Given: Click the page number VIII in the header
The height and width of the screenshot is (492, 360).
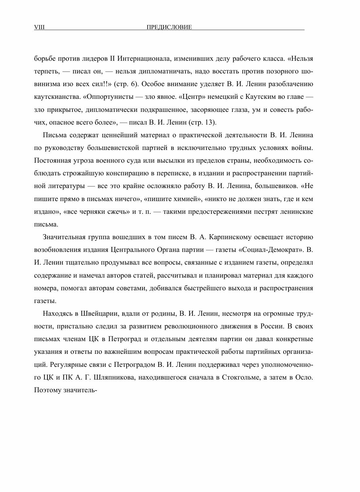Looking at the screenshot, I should (39, 27).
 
